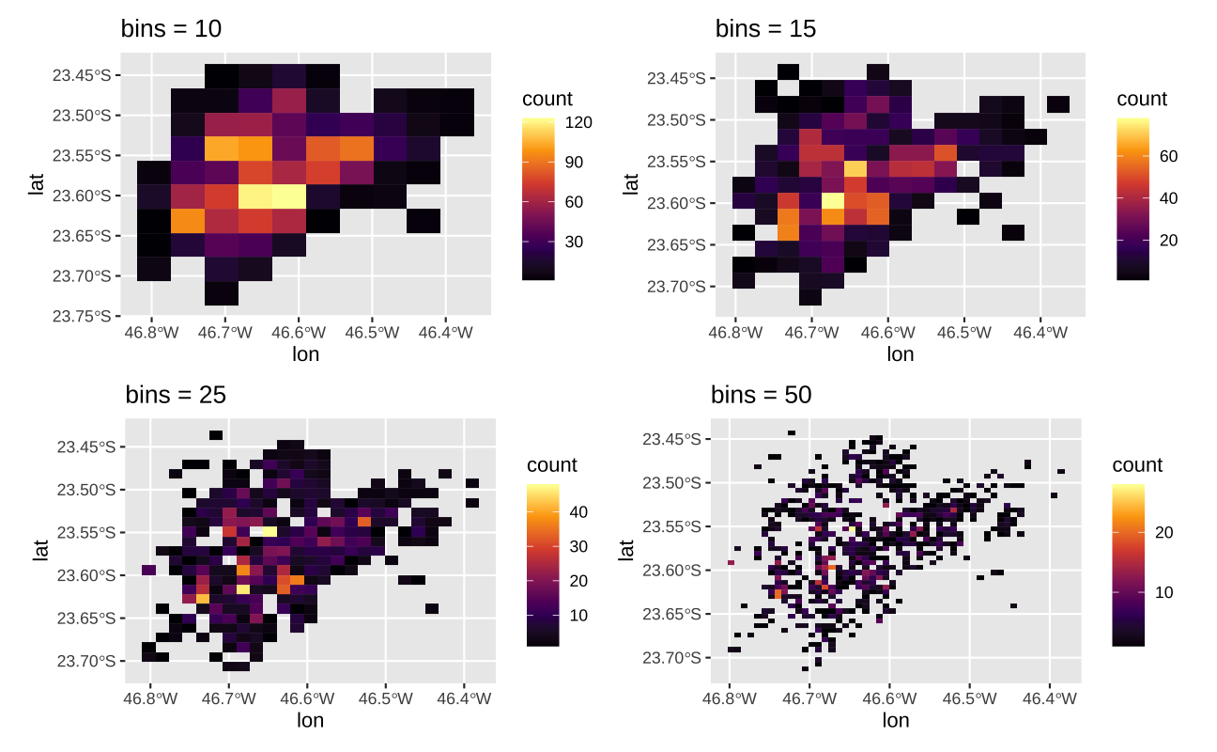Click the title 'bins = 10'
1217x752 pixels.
tap(171, 29)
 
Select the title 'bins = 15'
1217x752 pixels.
tap(765, 29)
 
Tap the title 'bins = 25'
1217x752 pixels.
tap(176, 395)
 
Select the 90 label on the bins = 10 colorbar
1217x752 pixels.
tap(574, 162)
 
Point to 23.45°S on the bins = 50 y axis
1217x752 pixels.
tap(671, 439)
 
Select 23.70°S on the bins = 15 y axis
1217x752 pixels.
tap(676, 287)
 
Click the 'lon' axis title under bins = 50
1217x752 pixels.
tap(896, 721)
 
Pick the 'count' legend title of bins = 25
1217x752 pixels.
tap(552, 465)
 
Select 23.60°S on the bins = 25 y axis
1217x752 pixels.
tap(87, 575)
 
